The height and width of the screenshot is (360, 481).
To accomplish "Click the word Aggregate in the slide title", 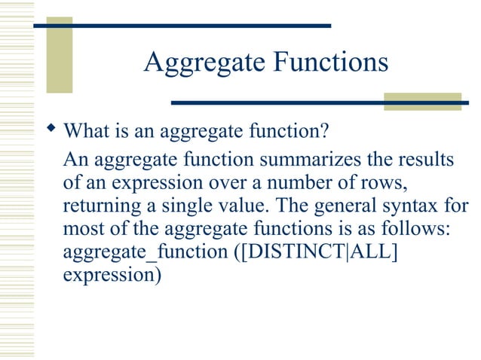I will pos(201,63).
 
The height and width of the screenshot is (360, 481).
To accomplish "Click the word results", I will pos(426,161).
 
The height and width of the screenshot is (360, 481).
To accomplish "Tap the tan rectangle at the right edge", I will pos(422,102).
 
